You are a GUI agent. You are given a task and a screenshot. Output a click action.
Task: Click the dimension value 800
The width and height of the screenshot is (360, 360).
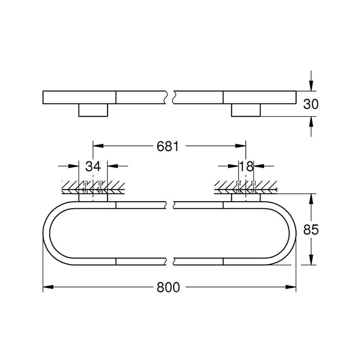click(x=169, y=288)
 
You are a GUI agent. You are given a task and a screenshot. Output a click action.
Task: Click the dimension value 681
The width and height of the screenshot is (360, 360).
click(x=168, y=147)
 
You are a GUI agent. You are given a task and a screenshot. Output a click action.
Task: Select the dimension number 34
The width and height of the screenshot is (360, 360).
click(x=93, y=166)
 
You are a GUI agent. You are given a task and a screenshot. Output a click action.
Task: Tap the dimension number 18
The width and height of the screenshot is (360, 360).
click(x=246, y=166)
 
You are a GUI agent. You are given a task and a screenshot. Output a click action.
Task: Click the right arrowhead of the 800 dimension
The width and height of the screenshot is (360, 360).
click(x=293, y=288)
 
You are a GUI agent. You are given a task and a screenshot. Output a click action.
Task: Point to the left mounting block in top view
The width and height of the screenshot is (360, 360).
click(x=93, y=110)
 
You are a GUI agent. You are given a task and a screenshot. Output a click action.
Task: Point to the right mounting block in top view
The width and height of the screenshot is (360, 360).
click(x=246, y=110)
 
